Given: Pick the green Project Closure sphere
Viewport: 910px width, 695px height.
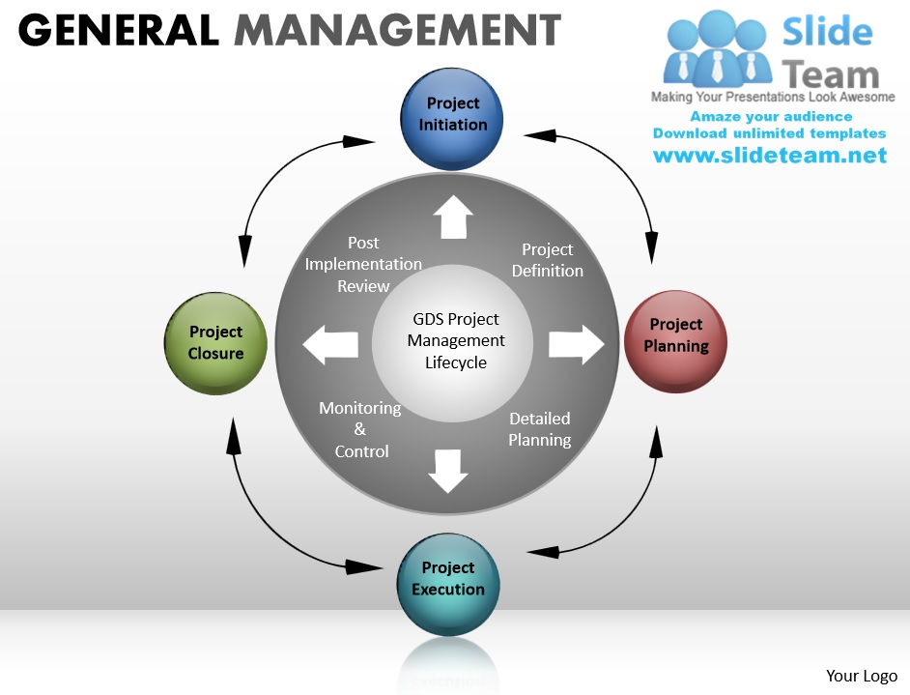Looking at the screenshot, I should point(215,343).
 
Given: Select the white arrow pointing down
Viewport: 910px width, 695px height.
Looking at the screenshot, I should point(447,470).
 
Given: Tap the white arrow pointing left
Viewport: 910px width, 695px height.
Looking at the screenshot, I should point(331,345).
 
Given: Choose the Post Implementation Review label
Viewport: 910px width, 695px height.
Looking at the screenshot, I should point(363,264).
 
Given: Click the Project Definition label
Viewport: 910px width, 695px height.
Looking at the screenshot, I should point(547,260).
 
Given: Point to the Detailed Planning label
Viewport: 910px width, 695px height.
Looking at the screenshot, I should point(540,429).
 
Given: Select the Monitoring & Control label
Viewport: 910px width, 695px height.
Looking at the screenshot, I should point(360,429).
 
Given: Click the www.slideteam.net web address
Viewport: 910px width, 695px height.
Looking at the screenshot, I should point(770,155).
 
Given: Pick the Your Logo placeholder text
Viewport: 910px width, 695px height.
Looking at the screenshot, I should point(862,676).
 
